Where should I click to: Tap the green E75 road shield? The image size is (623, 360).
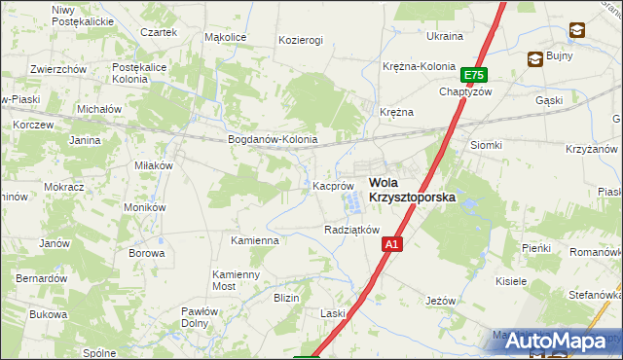474,75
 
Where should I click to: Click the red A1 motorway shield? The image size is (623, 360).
390,245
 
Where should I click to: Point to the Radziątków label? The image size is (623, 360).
350,230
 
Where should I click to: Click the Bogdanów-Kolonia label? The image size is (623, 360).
273,139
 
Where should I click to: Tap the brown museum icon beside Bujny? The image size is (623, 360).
535,59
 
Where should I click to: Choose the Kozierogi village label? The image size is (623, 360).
300,41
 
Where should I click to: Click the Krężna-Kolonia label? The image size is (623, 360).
419,66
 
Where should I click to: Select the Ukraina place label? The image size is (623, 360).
445,36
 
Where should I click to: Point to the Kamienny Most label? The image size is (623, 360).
237,281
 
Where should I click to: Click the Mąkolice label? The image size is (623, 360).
225,37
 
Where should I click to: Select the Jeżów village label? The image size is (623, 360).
441,301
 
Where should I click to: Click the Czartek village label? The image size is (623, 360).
159,32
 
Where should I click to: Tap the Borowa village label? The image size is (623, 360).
146,253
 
